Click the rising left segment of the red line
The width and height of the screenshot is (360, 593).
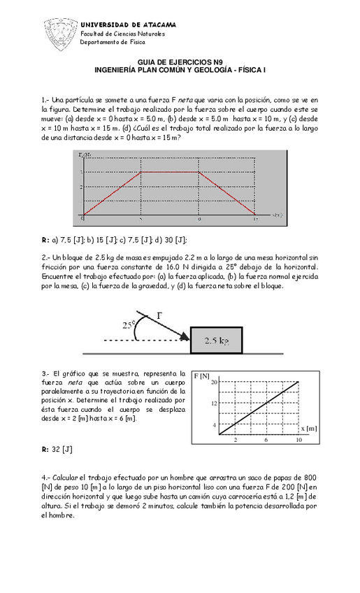pyautogui.click(x=112, y=193)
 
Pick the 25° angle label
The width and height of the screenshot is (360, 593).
pyautogui.click(x=129, y=324)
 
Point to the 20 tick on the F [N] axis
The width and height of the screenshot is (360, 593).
pyautogui.click(x=215, y=382)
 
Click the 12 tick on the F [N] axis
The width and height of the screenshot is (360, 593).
pyautogui.click(x=215, y=403)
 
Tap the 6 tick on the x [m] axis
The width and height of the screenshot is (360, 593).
pyautogui.click(x=267, y=441)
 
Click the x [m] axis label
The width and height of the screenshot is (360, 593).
pyautogui.click(x=309, y=428)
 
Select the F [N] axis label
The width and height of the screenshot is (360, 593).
pyautogui.click(x=203, y=376)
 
